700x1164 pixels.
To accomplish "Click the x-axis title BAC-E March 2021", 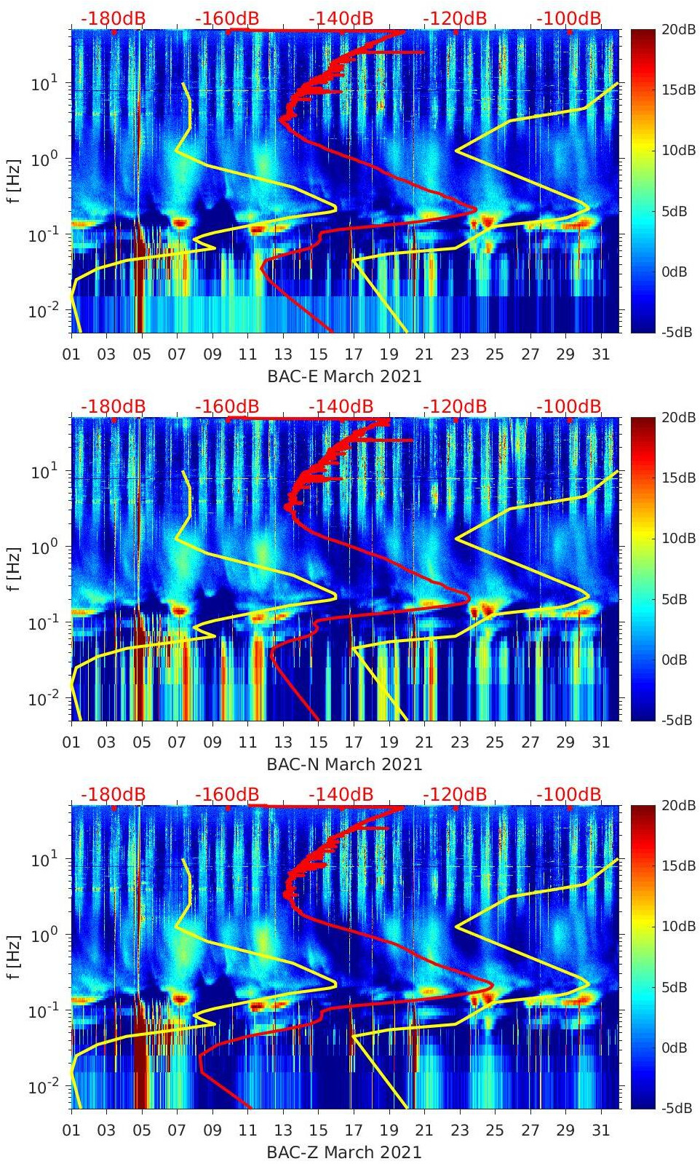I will (x=344, y=376).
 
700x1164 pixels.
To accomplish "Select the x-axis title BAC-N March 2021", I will (x=344, y=764).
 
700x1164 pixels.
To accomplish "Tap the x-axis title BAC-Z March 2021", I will (x=344, y=1152).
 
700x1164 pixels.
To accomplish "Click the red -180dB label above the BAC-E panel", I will (x=113, y=18).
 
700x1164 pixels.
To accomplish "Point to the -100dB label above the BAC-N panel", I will (x=569, y=406).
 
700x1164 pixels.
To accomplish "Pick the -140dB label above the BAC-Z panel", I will (x=341, y=794).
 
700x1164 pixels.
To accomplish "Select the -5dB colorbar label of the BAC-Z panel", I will (x=677, y=1108).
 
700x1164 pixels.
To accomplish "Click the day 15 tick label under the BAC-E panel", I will (x=318, y=355).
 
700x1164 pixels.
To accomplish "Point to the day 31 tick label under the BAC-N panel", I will (x=600, y=743).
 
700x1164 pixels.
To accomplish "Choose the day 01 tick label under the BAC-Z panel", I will (x=71, y=1131).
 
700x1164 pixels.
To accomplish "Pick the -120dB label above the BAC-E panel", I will (x=455, y=18).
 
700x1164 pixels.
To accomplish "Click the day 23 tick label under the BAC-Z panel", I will (x=459, y=1131).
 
